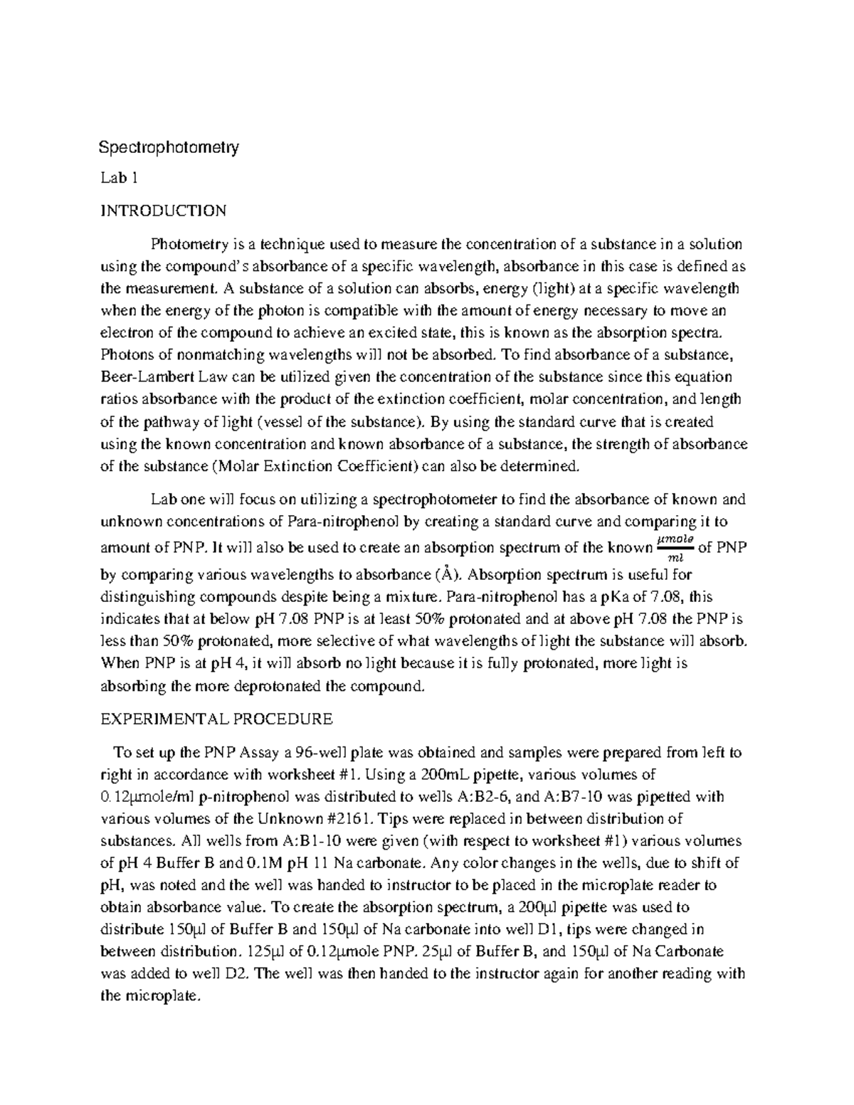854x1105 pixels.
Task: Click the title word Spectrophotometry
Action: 168,148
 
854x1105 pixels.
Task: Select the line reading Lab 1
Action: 117,179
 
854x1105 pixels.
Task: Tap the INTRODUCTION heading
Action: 163,211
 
